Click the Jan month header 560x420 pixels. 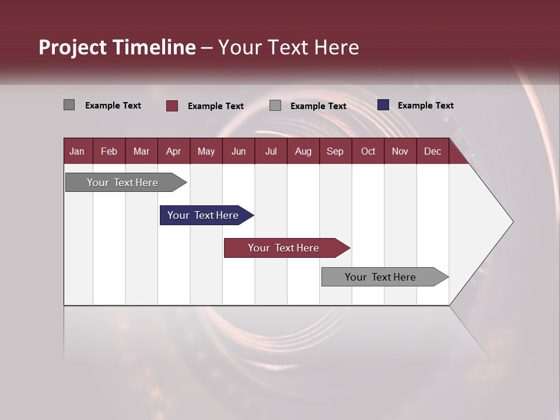pos(77,151)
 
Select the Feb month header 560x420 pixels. pos(109,151)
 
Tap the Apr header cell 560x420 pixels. pos(173,151)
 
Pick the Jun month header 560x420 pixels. pos(239,151)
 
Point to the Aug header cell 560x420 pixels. pos(303,151)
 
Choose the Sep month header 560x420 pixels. pos(335,151)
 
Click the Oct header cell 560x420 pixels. pos(368,151)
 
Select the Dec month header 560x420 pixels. pos(432,151)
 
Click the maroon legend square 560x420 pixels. pos(172,106)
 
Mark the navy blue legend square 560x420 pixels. pos(383,105)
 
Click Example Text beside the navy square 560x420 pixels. pos(425,106)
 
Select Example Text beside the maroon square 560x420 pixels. pos(215,106)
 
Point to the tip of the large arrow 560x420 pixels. pos(512,222)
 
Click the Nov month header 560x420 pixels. pos(400,151)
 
